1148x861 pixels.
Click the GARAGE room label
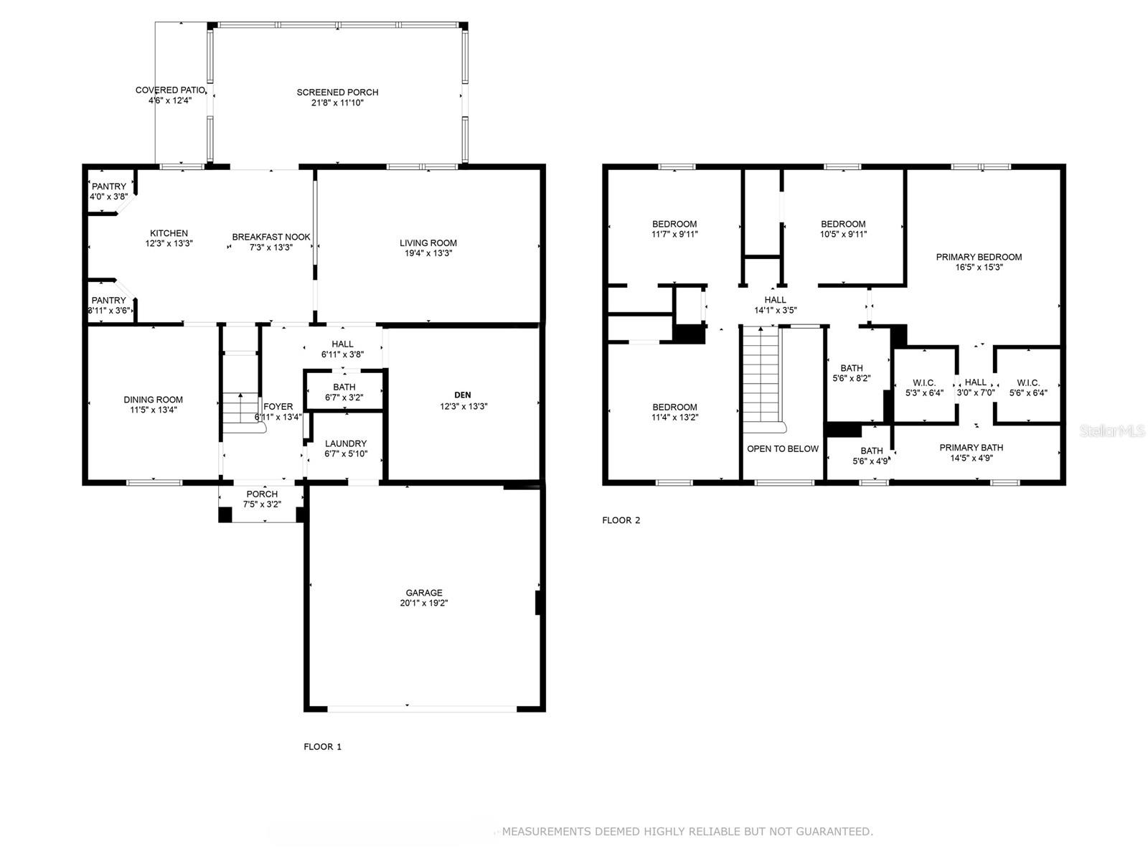pos(423,593)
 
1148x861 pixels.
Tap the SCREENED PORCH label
pos(337,92)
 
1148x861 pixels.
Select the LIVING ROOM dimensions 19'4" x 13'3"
pos(428,253)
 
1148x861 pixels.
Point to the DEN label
pos(462,395)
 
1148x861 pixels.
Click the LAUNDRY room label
pos(346,443)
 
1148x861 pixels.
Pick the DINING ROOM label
pos(154,400)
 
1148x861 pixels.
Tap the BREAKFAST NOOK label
pos(271,237)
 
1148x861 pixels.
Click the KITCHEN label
pos(169,233)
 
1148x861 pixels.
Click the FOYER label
pos(278,406)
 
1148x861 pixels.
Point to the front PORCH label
pos(262,494)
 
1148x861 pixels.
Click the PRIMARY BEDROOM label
pos(979,257)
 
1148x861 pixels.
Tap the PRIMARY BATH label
pos(971,448)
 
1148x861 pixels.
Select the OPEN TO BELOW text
pos(782,448)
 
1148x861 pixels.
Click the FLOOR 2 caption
pos(621,520)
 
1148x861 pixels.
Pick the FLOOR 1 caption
pos(322,746)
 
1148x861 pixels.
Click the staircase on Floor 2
pos(762,377)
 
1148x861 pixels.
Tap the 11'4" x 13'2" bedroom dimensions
pos(674,417)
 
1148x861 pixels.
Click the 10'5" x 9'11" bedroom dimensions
pos(843,234)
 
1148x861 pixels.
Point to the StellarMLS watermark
pos(1112,430)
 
